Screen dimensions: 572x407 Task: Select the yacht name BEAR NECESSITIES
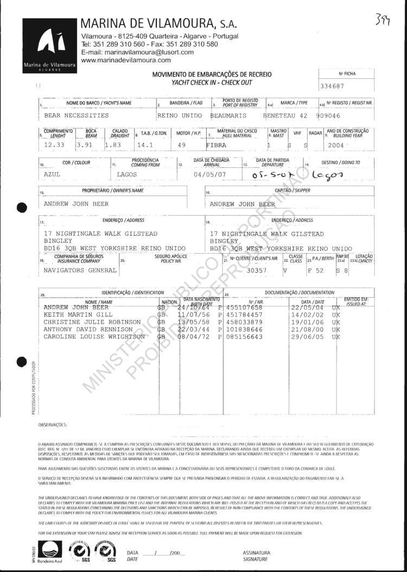click(76, 116)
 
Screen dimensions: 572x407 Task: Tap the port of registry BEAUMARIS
click(228, 116)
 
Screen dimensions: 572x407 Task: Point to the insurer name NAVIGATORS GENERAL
click(80, 270)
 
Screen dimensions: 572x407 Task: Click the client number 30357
click(257, 270)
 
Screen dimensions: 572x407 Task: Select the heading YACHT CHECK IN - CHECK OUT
click(212, 82)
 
